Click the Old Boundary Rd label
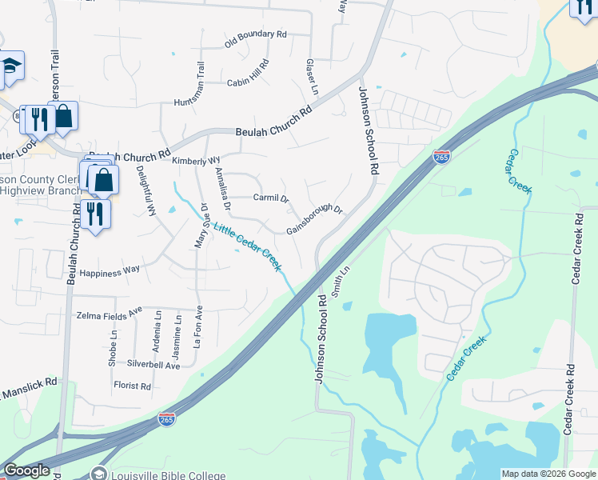click(255, 37)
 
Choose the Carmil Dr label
click(270, 197)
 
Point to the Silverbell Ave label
click(153, 365)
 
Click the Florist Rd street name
click(132, 386)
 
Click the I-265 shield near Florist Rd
click(165, 418)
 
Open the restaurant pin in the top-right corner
click(582, 7)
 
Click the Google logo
click(26, 470)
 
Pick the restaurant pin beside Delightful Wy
click(95, 214)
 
